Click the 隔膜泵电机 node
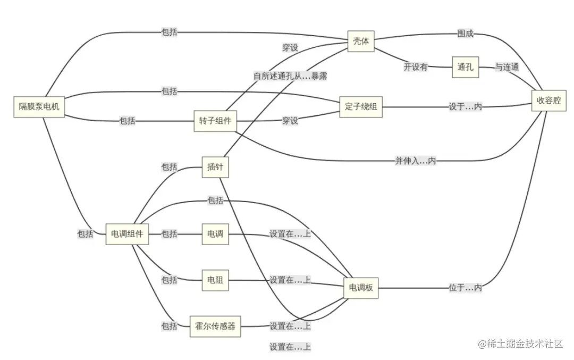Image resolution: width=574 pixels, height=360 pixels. point(39,107)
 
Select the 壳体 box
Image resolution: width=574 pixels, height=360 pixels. point(361,41)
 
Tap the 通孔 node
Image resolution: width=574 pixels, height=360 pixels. point(465,67)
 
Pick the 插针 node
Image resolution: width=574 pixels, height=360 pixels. point(215,167)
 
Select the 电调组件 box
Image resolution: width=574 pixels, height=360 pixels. point(127,234)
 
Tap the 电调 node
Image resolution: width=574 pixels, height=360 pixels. point(215,234)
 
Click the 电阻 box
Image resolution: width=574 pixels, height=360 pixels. point(215,280)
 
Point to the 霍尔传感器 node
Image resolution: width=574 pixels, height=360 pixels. point(215,326)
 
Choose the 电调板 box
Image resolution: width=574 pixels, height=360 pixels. point(361,288)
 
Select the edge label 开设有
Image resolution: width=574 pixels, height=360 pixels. point(416,67)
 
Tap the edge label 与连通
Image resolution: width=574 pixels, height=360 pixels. point(507,67)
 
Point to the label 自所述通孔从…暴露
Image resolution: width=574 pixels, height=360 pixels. point(290,76)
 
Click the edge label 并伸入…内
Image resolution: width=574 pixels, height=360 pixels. point(416,161)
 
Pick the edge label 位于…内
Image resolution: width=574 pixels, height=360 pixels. point(466,288)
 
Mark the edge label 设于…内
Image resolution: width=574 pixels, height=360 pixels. point(466,107)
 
